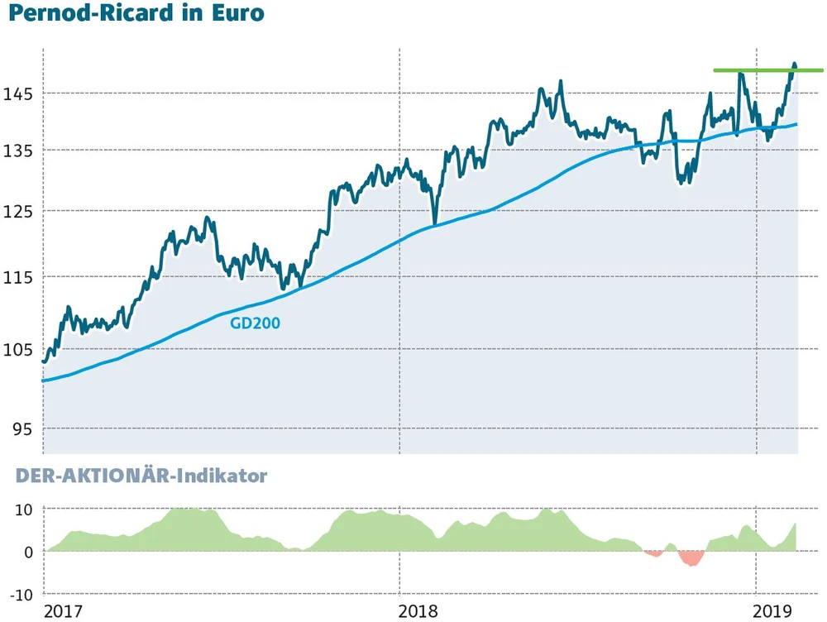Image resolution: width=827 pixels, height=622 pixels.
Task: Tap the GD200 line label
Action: coord(256,323)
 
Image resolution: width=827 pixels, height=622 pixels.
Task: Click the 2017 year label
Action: coord(64,611)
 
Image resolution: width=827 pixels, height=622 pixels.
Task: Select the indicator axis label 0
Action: coord(28,552)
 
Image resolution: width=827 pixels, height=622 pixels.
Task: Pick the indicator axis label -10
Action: coord(21,594)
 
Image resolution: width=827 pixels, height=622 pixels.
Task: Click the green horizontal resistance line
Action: coord(768,70)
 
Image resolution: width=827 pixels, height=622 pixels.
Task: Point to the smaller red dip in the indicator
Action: coord(654,553)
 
